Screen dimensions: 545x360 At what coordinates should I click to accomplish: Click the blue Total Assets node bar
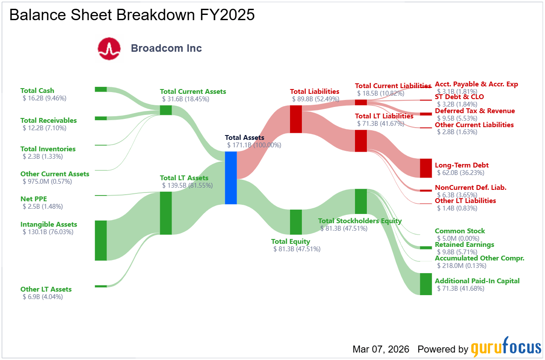tap(231, 178)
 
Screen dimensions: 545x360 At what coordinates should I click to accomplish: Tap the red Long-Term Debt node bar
tap(426, 168)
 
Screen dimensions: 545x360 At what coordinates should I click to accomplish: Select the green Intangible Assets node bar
tap(101, 240)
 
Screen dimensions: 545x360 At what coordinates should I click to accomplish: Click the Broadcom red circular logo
tap(109, 49)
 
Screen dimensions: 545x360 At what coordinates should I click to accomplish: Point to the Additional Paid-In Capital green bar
tap(426, 284)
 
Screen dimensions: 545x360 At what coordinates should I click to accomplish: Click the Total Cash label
tap(37, 91)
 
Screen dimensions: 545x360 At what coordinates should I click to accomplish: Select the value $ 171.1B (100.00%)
tap(254, 145)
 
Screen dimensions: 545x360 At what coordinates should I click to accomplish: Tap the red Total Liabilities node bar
tap(296, 119)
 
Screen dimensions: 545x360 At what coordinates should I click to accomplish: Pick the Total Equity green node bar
tap(296, 222)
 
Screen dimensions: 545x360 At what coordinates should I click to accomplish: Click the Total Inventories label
tap(48, 149)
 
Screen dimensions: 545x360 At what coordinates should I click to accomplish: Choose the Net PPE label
tap(34, 199)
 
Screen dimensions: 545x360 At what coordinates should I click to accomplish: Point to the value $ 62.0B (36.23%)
tap(461, 173)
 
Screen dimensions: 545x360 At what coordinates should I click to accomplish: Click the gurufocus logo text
tap(506, 346)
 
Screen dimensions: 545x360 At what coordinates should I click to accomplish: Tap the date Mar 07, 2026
tap(381, 349)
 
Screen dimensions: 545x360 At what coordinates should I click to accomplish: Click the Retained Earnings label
tap(464, 245)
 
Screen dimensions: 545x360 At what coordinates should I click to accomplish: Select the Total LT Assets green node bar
tap(166, 213)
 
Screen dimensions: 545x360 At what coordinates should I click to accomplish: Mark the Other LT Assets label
tap(46, 289)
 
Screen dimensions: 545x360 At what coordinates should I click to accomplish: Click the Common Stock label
tap(460, 231)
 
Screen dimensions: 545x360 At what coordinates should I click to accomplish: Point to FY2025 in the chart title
tap(227, 15)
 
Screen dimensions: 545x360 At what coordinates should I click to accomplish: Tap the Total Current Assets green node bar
tap(166, 110)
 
